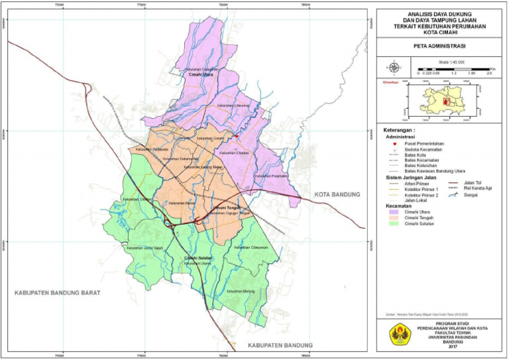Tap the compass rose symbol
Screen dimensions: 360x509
point(394,67)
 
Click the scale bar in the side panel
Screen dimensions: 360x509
point(450,68)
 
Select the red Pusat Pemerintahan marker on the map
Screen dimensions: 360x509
point(236,135)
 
